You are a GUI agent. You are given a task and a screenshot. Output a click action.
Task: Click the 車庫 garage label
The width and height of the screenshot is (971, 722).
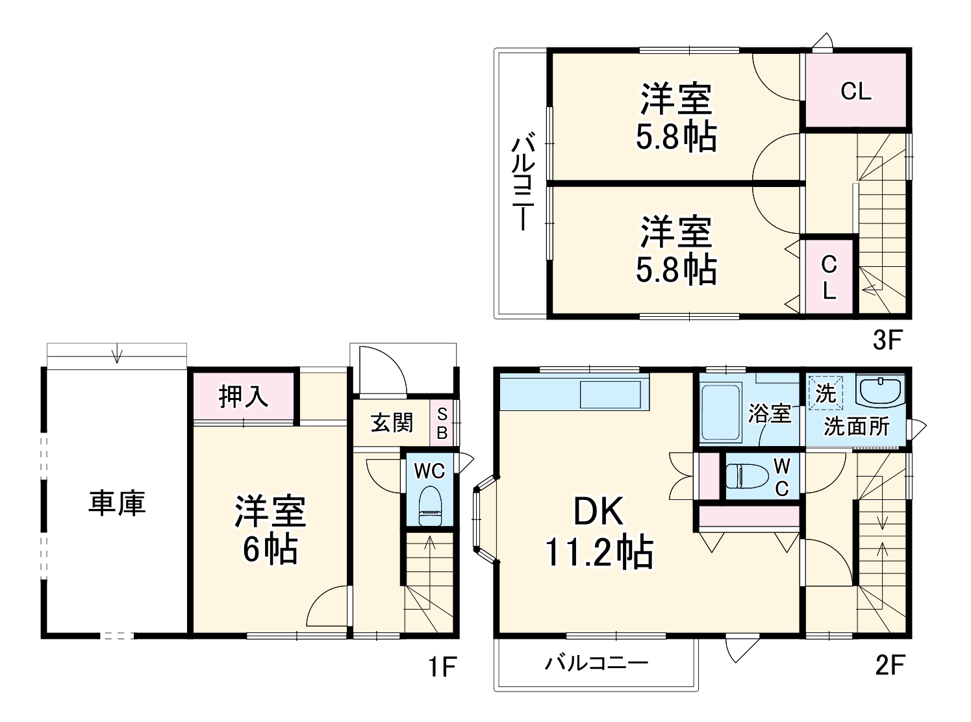point(117,503)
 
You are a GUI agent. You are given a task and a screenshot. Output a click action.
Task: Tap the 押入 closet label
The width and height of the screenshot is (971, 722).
point(244,396)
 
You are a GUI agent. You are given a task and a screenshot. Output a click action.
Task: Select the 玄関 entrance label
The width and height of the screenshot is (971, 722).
point(392,423)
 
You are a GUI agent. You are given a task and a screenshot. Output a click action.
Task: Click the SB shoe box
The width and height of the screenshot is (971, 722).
point(442,423)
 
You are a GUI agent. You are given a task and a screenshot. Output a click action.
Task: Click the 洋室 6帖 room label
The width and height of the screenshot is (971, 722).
point(270,529)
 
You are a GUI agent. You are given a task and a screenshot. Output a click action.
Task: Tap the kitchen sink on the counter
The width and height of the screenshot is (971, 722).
point(611,393)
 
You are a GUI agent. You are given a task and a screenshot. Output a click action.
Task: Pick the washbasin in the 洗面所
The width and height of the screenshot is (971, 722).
point(880,391)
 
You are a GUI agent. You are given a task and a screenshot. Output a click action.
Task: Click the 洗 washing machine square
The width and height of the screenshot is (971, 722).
point(825,393)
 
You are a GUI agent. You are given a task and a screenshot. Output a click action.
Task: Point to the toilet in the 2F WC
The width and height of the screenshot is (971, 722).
point(744,475)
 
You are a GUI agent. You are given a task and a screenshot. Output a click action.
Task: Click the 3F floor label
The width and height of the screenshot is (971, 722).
point(887,340)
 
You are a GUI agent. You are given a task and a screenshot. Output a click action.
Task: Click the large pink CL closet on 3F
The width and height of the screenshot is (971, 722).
point(855,91)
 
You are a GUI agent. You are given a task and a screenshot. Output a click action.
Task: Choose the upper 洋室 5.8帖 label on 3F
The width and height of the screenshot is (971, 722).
point(675,117)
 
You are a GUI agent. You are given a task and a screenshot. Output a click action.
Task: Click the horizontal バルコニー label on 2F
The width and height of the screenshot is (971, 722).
point(596,664)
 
